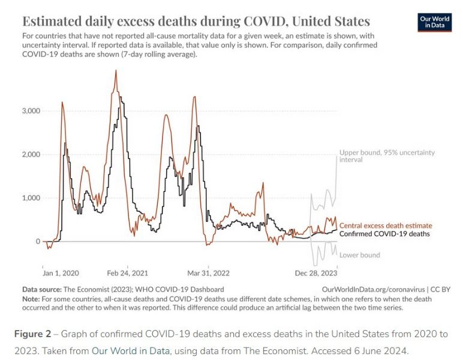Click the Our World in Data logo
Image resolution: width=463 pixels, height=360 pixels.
click(x=435, y=23)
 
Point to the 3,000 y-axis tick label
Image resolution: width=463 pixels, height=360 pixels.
click(x=30, y=111)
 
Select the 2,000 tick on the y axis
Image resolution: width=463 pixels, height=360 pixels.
click(x=30, y=155)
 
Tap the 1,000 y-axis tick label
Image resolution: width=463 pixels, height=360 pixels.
click(x=30, y=198)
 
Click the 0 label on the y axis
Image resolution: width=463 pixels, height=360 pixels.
click(x=37, y=241)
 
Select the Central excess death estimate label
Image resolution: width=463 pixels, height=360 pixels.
click(x=386, y=226)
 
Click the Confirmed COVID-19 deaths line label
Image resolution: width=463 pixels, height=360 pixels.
click(x=384, y=234)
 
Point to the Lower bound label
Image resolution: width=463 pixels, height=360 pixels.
click(x=360, y=255)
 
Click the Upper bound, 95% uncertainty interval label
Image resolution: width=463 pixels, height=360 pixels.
click(x=387, y=156)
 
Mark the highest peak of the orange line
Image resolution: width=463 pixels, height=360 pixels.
click(x=116, y=71)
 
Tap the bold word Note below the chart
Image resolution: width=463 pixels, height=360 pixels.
click(x=31, y=298)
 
